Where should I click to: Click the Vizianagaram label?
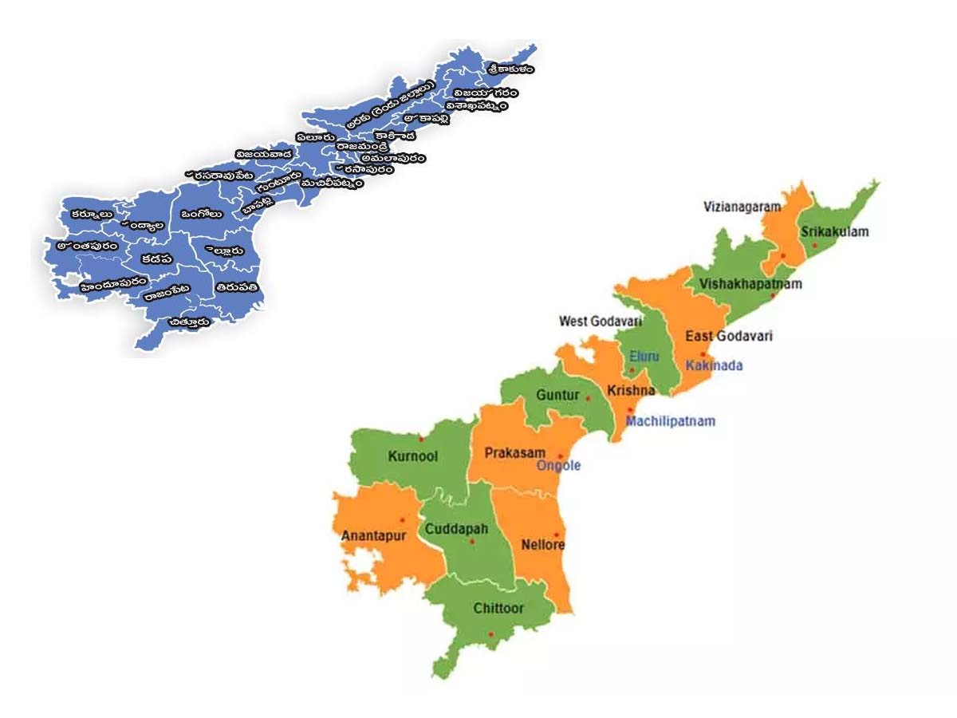coord(742,207)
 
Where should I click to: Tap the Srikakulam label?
coord(834,232)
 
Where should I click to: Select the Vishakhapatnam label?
coord(750,284)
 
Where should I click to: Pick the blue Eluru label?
coord(644,356)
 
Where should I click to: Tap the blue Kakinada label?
coord(715,365)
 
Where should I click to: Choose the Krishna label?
coord(631,391)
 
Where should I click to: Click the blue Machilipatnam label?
coord(670,421)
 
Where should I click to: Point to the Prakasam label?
coord(515,453)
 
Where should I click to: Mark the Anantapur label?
coord(373,536)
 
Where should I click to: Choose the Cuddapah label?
coord(456,529)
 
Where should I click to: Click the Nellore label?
coord(542,546)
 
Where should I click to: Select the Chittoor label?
coord(498,609)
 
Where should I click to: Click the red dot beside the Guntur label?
coord(589,397)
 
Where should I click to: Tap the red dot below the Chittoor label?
coord(490,635)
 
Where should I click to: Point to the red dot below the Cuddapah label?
coord(472,542)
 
